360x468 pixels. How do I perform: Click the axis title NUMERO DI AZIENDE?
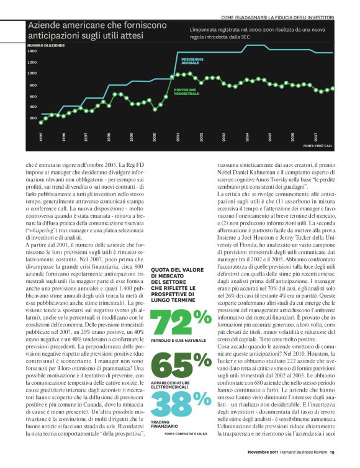tap(47, 45)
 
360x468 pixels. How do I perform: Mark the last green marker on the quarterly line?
tap(333, 88)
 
